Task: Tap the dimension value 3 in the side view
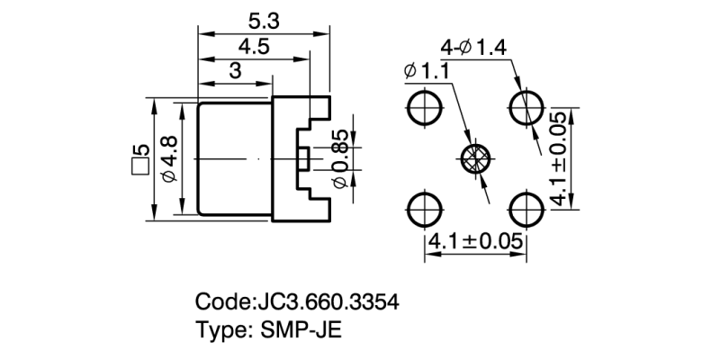click(234, 72)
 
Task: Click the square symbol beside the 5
click(139, 168)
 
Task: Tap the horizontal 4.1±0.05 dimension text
click(474, 242)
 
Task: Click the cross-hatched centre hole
click(475, 158)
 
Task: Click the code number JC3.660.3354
click(328, 301)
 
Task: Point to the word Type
click(220, 329)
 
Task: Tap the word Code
click(220, 301)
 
